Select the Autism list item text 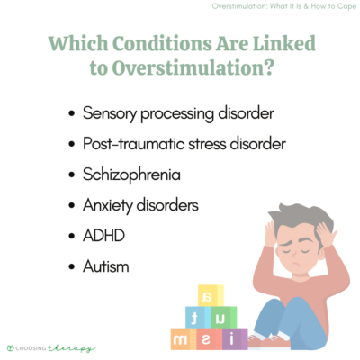pyautogui.click(x=104, y=266)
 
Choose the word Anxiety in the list pyautogui.click(x=109, y=205)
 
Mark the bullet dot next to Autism pyautogui.click(x=72, y=267)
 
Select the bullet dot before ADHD pyautogui.click(x=72, y=237)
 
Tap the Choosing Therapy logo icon pyautogui.click(x=11, y=347)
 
